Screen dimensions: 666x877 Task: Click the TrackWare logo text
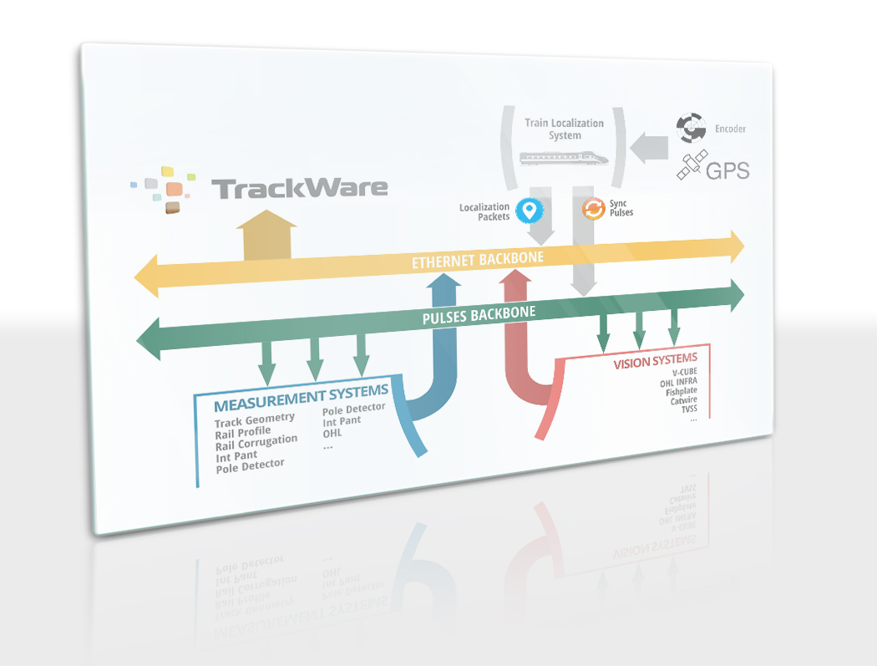point(299,188)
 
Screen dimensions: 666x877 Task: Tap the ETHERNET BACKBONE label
point(477,260)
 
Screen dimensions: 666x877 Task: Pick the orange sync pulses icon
point(593,208)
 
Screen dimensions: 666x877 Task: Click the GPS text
point(727,171)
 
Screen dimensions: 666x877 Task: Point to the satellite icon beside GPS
point(692,165)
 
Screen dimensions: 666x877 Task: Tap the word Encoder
point(730,130)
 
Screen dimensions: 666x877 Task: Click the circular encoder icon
point(691,128)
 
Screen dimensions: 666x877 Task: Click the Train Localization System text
point(564,129)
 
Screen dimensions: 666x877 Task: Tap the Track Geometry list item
point(254,419)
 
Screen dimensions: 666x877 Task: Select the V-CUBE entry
point(684,373)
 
